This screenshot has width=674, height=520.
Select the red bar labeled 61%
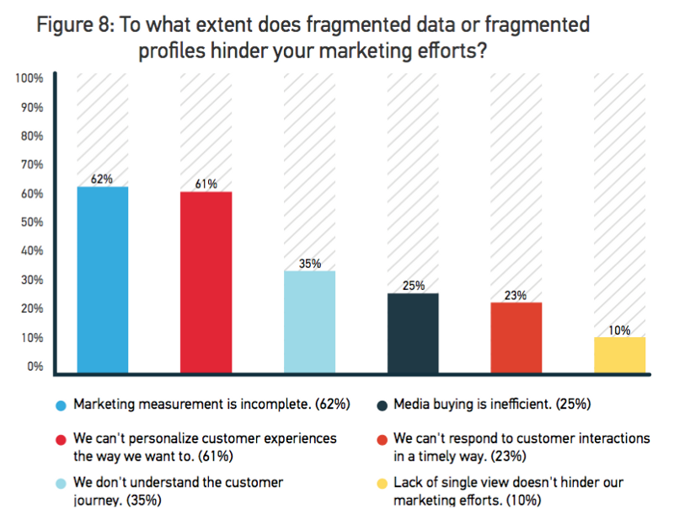206,282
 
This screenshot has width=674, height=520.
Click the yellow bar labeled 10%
619,355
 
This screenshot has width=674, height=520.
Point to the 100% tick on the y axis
29,78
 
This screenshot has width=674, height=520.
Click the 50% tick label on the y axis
32,222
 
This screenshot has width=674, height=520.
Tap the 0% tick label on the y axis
35,367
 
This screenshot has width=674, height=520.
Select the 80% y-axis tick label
32,136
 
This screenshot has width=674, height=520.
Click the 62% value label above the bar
102,179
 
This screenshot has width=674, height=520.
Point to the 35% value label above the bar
309,263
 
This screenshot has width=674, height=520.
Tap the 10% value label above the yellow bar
619,330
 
